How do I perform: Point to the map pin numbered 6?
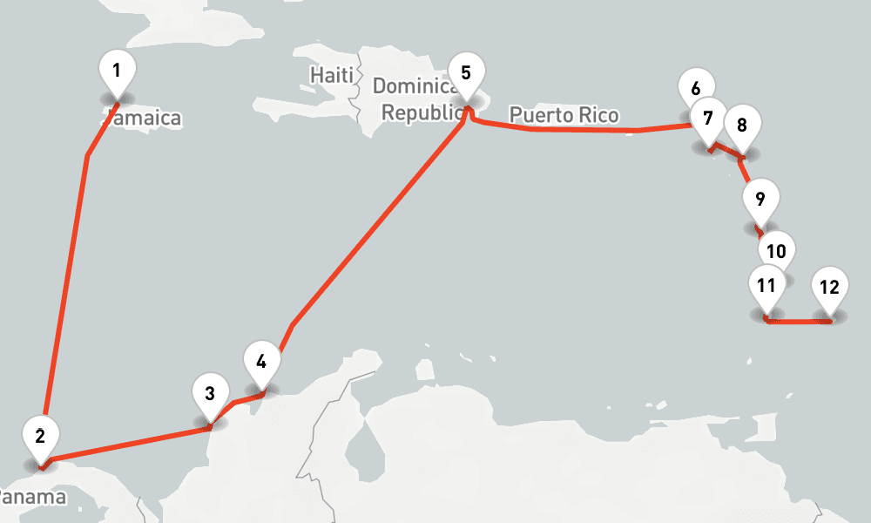coord(696,89)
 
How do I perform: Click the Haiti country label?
coord(332,76)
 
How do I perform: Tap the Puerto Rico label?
coord(564,115)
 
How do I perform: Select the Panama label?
coord(31,498)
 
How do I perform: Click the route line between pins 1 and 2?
coord(66,288)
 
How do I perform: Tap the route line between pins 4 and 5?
coord(375,227)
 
